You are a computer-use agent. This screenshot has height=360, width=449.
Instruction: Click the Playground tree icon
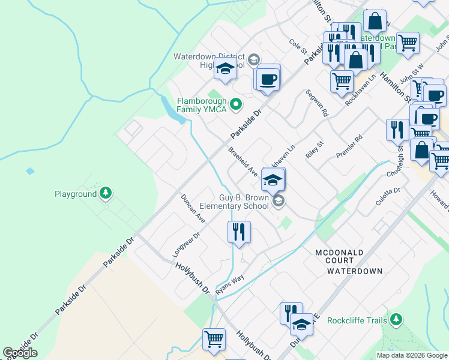pos(106,193)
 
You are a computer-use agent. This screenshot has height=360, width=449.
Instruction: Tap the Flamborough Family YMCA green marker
pos(236,105)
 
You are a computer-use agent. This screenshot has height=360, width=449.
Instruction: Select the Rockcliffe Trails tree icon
pos(395,320)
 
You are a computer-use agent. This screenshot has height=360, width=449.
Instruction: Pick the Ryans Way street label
pos(230,280)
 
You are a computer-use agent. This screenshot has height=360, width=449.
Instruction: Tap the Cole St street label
pos(298,44)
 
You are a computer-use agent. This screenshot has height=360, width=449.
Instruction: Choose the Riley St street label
pos(315,148)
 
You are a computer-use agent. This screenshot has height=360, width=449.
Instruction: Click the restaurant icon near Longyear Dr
pos(239,231)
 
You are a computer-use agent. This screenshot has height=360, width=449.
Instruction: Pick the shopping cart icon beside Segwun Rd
pos(342,80)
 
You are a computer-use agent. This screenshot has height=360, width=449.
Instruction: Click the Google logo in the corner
pos(20,353)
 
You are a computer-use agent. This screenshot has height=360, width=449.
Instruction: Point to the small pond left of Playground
pos(30,172)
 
